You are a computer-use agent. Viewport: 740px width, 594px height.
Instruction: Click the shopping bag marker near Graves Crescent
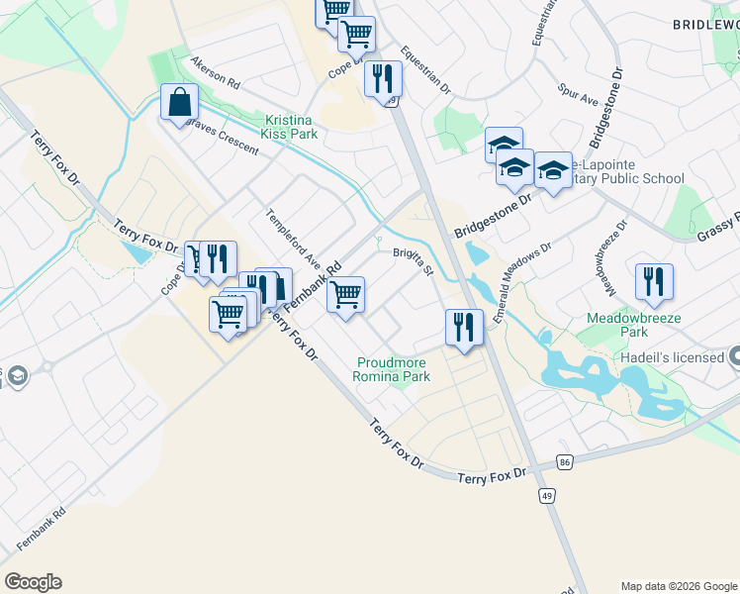pyautogui.click(x=179, y=102)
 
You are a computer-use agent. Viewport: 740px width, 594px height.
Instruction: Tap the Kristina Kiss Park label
pyautogui.click(x=291, y=127)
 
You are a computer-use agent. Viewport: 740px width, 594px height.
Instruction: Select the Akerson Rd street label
pyautogui.click(x=216, y=70)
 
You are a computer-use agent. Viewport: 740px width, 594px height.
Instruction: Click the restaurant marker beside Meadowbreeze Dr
pyautogui.click(x=654, y=281)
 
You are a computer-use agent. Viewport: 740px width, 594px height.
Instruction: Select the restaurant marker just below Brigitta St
pyautogui.click(x=464, y=327)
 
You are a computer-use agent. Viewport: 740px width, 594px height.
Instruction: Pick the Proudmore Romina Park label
pyautogui.click(x=393, y=369)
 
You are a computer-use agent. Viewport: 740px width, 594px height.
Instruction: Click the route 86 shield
pyautogui.click(x=565, y=462)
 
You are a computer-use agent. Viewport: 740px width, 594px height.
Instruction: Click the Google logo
pyautogui.click(x=33, y=582)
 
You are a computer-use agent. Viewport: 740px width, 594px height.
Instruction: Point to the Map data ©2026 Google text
pyautogui.click(x=679, y=586)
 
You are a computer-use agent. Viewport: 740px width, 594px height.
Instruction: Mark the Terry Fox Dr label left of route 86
pyautogui.click(x=493, y=476)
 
